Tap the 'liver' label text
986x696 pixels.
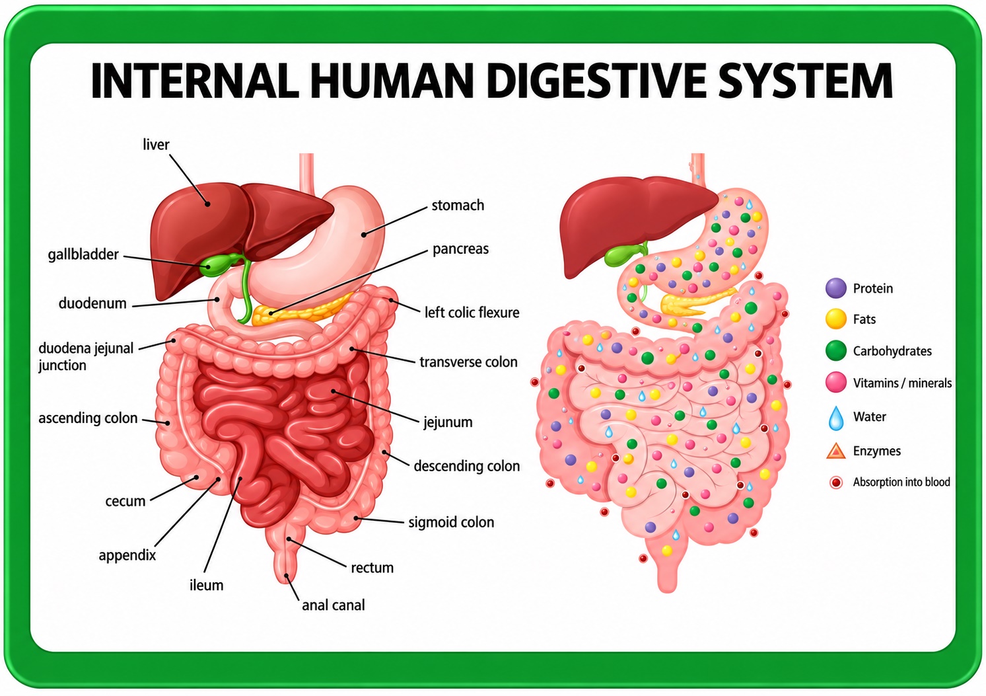[x=156, y=144]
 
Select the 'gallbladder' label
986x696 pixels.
[x=83, y=254]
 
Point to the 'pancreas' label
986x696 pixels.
[x=460, y=249]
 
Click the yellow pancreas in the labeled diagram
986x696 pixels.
[x=299, y=311]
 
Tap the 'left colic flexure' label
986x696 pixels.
[x=472, y=313]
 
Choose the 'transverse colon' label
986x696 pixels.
[x=468, y=362]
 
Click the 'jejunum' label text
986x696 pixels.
[x=448, y=422]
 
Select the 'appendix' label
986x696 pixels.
[x=127, y=555]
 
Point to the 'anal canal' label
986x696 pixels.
[x=334, y=605]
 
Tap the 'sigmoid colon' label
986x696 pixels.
[x=451, y=522]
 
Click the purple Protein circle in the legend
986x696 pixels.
[x=836, y=288]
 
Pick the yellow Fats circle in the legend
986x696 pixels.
[x=836, y=319]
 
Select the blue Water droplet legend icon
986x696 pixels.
[x=836, y=418]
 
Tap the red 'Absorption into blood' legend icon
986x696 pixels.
[x=836, y=483]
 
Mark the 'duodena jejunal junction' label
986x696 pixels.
[x=86, y=357]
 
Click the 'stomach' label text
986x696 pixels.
[x=458, y=206]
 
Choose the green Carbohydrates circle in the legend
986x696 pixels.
[x=836, y=350]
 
